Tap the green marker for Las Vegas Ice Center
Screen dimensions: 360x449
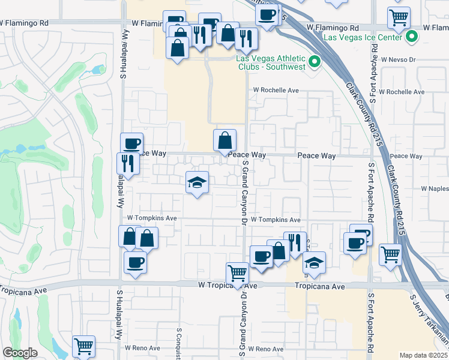[412, 37]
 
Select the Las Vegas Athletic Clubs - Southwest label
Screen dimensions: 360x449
[271, 62]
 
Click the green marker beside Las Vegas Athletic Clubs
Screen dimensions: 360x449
[314, 62]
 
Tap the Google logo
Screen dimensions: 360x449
[20, 353]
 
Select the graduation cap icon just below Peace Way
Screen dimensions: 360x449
[197, 182]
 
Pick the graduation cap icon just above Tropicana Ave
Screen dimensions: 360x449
[313, 263]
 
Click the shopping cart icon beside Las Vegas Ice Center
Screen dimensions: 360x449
[399, 18]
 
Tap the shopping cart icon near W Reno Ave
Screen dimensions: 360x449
[83, 346]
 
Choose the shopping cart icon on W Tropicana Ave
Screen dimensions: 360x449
[238, 273]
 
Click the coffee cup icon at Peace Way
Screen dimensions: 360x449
[131, 143]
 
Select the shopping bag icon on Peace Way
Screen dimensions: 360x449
[224, 141]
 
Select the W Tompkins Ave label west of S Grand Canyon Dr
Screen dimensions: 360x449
[151, 218]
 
